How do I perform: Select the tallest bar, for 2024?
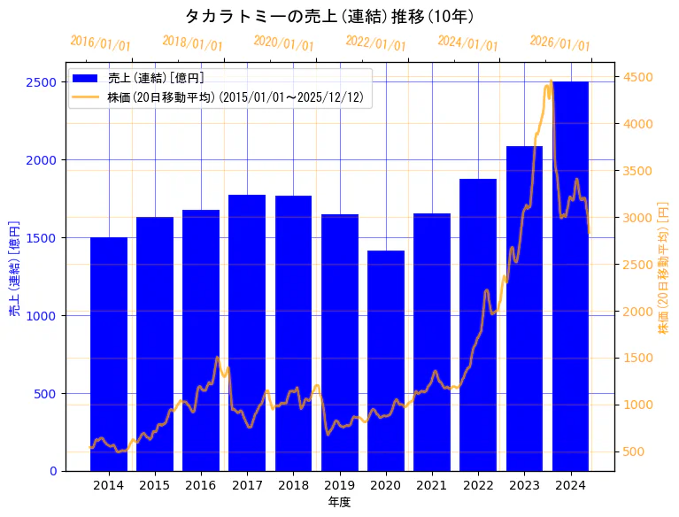(571, 275)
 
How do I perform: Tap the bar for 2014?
(109, 353)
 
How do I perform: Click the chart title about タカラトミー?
(329, 16)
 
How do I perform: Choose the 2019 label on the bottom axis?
(339, 485)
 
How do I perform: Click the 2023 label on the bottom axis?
(524, 485)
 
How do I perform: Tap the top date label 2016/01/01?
(100, 42)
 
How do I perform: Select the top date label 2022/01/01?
(375, 44)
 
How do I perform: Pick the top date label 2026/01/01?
(559, 42)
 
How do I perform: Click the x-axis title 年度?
(339, 502)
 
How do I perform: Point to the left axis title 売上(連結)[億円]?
(14, 267)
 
